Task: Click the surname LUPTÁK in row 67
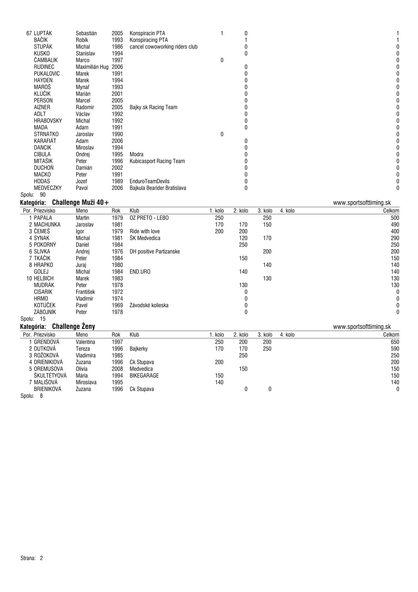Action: pyautogui.click(x=43, y=33)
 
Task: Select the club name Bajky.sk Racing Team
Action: pyautogui.click(x=153, y=107)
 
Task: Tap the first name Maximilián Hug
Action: pyautogui.click(x=92, y=67)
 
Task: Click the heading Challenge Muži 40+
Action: pyautogui.click(x=80, y=202)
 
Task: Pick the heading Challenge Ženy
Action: pyautogui.click(x=73, y=326)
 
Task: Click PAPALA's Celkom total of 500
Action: pyautogui.click(x=395, y=218)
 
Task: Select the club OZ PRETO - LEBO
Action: pyautogui.click(x=149, y=218)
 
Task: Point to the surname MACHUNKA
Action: pyautogui.click(x=47, y=224)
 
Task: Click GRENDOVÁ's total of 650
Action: pyautogui.click(x=395, y=342)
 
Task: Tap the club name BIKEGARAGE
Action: pyautogui.click(x=144, y=376)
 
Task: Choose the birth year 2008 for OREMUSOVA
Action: pyautogui.click(x=117, y=369)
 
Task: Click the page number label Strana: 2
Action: pyautogui.click(x=32, y=558)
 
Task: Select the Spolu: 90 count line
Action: pyautogui.click(x=33, y=195)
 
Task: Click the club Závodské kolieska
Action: pyautogui.click(x=149, y=305)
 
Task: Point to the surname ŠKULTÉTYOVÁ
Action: pyautogui.click(x=50, y=376)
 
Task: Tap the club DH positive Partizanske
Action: pyautogui.click(x=155, y=252)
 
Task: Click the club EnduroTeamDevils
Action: pyautogui.click(x=150, y=182)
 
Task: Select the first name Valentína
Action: pyautogui.click(x=85, y=342)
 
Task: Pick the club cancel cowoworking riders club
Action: pyautogui.click(x=163, y=47)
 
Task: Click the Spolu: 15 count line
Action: pyautogui.click(x=33, y=319)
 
